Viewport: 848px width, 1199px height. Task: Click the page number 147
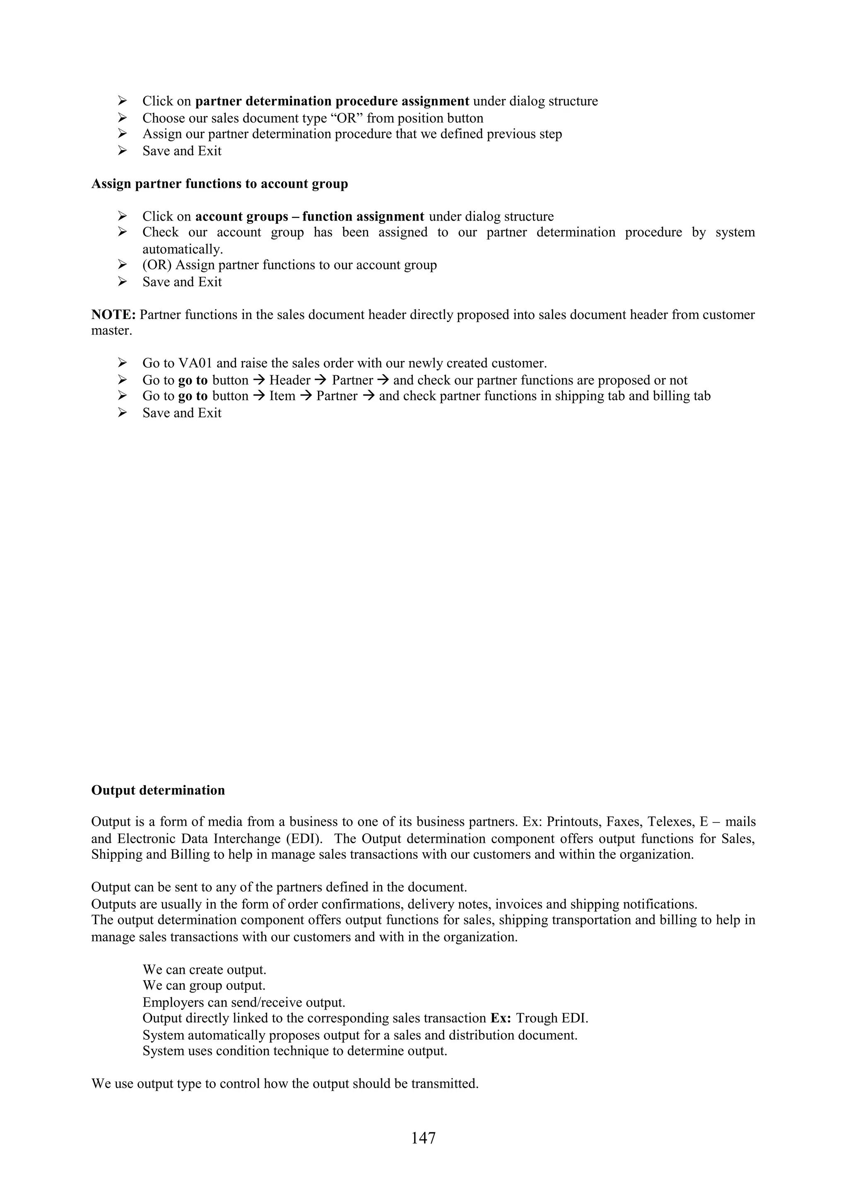(x=423, y=1138)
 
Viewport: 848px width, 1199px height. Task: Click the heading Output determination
(x=158, y=790)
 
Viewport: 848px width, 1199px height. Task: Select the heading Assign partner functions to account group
(x=219, y=184)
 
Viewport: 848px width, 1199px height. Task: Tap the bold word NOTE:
(x=113, y=315)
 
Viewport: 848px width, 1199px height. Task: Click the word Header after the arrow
(x=290, y=380)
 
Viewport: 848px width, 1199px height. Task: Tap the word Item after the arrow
(x=282, y=396)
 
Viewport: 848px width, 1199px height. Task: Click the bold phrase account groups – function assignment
(x=309, y=216)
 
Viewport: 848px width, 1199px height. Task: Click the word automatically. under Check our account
(x=182, y=249)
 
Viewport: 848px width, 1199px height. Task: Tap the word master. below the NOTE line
(x=111, y=331)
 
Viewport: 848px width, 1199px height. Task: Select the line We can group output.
(x=204, y=986)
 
